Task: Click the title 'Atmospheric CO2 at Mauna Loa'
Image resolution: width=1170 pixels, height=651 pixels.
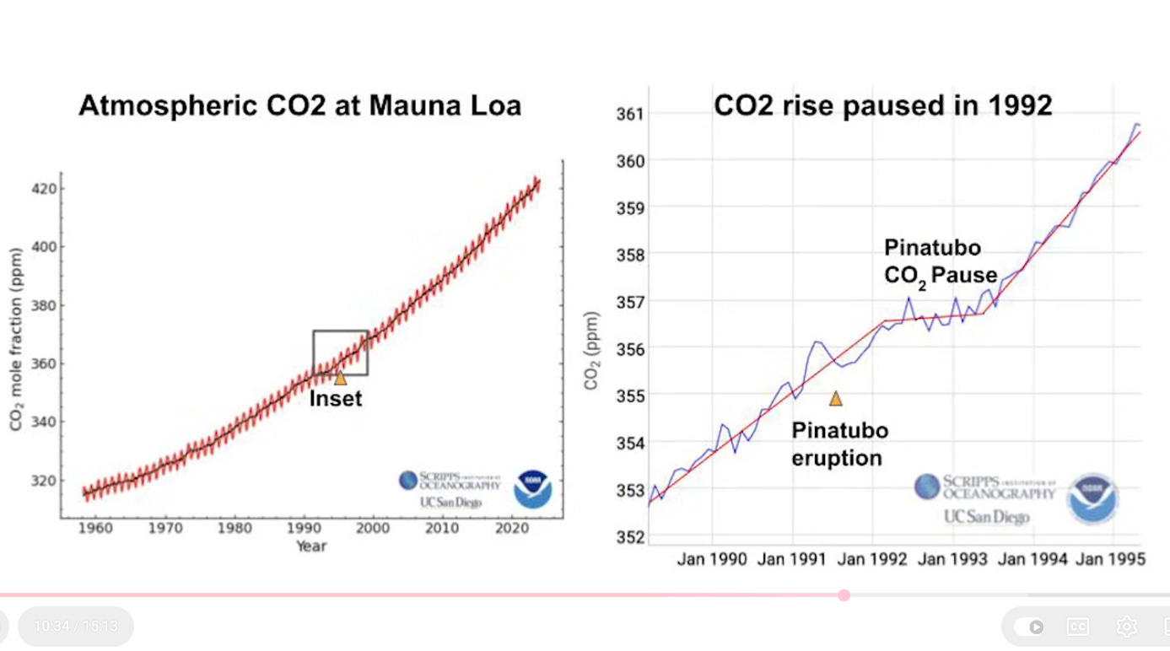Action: [x=299, y=106]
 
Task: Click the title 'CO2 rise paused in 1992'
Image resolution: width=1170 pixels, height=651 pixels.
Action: [x=882, y=105]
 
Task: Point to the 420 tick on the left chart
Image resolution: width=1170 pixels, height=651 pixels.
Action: [x=45, y=188]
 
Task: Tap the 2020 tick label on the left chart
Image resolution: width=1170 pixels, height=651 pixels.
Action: [x=511, y=528]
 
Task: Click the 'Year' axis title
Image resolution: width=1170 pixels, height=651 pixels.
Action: [x=310, y=546]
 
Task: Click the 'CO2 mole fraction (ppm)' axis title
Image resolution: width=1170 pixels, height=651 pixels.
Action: [x=16, y=339]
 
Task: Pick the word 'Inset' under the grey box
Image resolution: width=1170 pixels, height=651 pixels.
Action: [x=335, y=399]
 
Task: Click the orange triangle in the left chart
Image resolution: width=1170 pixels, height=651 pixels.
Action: [x=340, y=378]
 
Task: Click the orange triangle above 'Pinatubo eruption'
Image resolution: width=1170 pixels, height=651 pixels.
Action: [x=835, y=399]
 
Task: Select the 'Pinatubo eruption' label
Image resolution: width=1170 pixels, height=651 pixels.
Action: [x=839, y=444]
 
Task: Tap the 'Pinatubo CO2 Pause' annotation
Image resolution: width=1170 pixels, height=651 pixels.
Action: [x=940, y=261]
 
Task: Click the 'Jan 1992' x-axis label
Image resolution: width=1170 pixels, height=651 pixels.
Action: [x=872, y=559]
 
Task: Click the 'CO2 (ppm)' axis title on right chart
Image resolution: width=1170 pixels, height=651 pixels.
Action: [x=591, y=351]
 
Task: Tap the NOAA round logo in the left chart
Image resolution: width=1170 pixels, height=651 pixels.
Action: [x=533, y=489]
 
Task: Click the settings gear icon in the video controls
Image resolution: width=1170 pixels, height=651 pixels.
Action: [x=1126, y=627]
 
